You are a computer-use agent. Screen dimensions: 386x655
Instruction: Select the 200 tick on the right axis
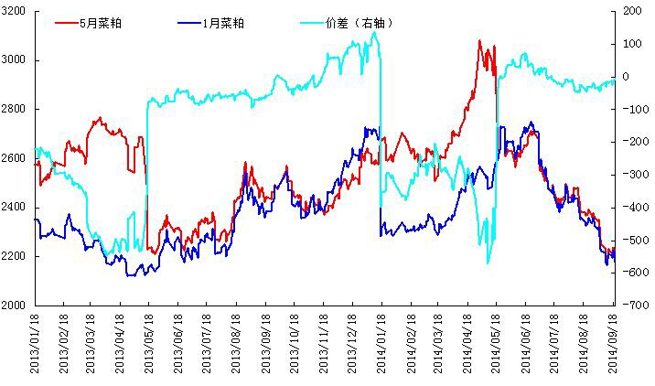632,11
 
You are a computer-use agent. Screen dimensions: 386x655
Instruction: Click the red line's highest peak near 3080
479,40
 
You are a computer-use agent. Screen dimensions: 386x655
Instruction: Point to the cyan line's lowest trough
488,263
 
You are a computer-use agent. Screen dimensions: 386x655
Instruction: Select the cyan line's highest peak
373,32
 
